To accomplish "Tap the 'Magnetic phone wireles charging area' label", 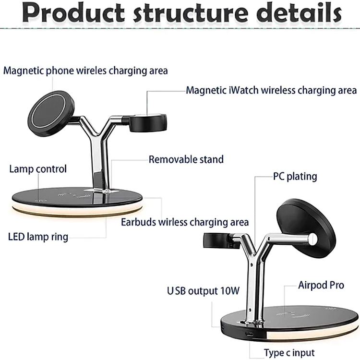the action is click(85, 71).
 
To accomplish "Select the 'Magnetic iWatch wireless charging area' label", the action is click(271, 90).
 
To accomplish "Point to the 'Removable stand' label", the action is click(186, 159).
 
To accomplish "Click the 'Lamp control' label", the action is click(38, 169).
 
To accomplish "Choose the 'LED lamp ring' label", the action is click(38, 237).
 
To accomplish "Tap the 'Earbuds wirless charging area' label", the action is click(185, 222).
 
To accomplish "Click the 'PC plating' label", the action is click(295, 177).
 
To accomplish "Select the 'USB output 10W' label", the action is click(203, 291).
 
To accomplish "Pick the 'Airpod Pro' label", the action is click(321, 285).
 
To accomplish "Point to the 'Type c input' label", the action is click(289, 353).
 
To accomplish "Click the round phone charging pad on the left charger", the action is click(51, 114).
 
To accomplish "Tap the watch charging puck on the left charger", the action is click(148, 123).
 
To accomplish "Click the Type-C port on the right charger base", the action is click(250, 334).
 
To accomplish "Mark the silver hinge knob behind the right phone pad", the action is click(313, 239).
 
